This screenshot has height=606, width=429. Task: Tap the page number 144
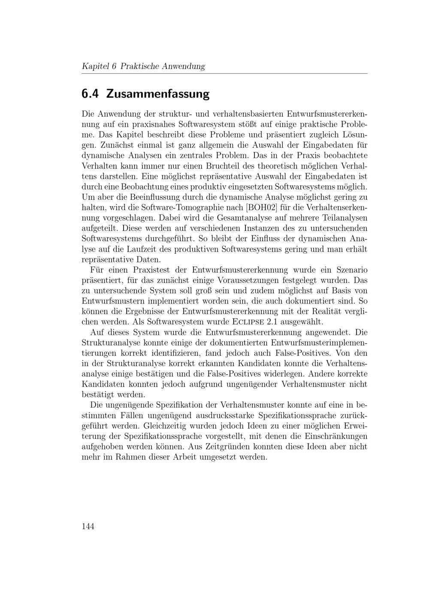[88, 526]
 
